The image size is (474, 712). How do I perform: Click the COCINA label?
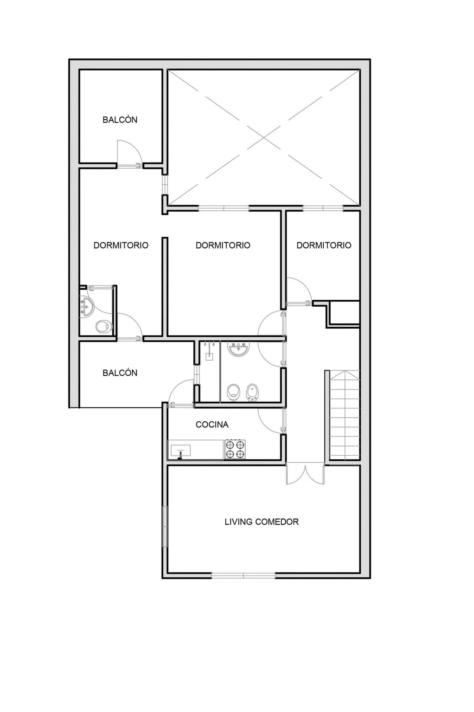(x=212, y=425)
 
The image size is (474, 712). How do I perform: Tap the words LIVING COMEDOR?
(x=262, y=522)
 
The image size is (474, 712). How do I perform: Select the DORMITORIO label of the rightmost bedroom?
(x=324, y=245)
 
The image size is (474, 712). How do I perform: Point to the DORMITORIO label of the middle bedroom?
(x=223, y=245)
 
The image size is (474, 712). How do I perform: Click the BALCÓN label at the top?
(x=120, y=120)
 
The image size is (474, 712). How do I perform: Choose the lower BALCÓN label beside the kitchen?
(x=120, y=373)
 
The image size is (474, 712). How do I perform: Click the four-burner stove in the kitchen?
(x=235, y=449)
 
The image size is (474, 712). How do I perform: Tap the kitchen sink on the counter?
(x=180, y=451)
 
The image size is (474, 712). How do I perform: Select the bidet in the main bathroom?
(x=252, y=392)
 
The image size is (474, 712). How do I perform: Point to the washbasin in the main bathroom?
(x=238, y=349)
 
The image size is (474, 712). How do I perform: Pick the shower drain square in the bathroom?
(x=209, y=357)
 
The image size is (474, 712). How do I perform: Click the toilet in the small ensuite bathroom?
(x=103, y=327)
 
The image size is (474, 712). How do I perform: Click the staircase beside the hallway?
(x=344, y=415)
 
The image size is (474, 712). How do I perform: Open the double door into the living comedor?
(x=305, y=473)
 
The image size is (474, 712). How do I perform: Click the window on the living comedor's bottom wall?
(x=243, y=576)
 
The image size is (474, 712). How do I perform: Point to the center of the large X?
(x=264, y=138)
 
